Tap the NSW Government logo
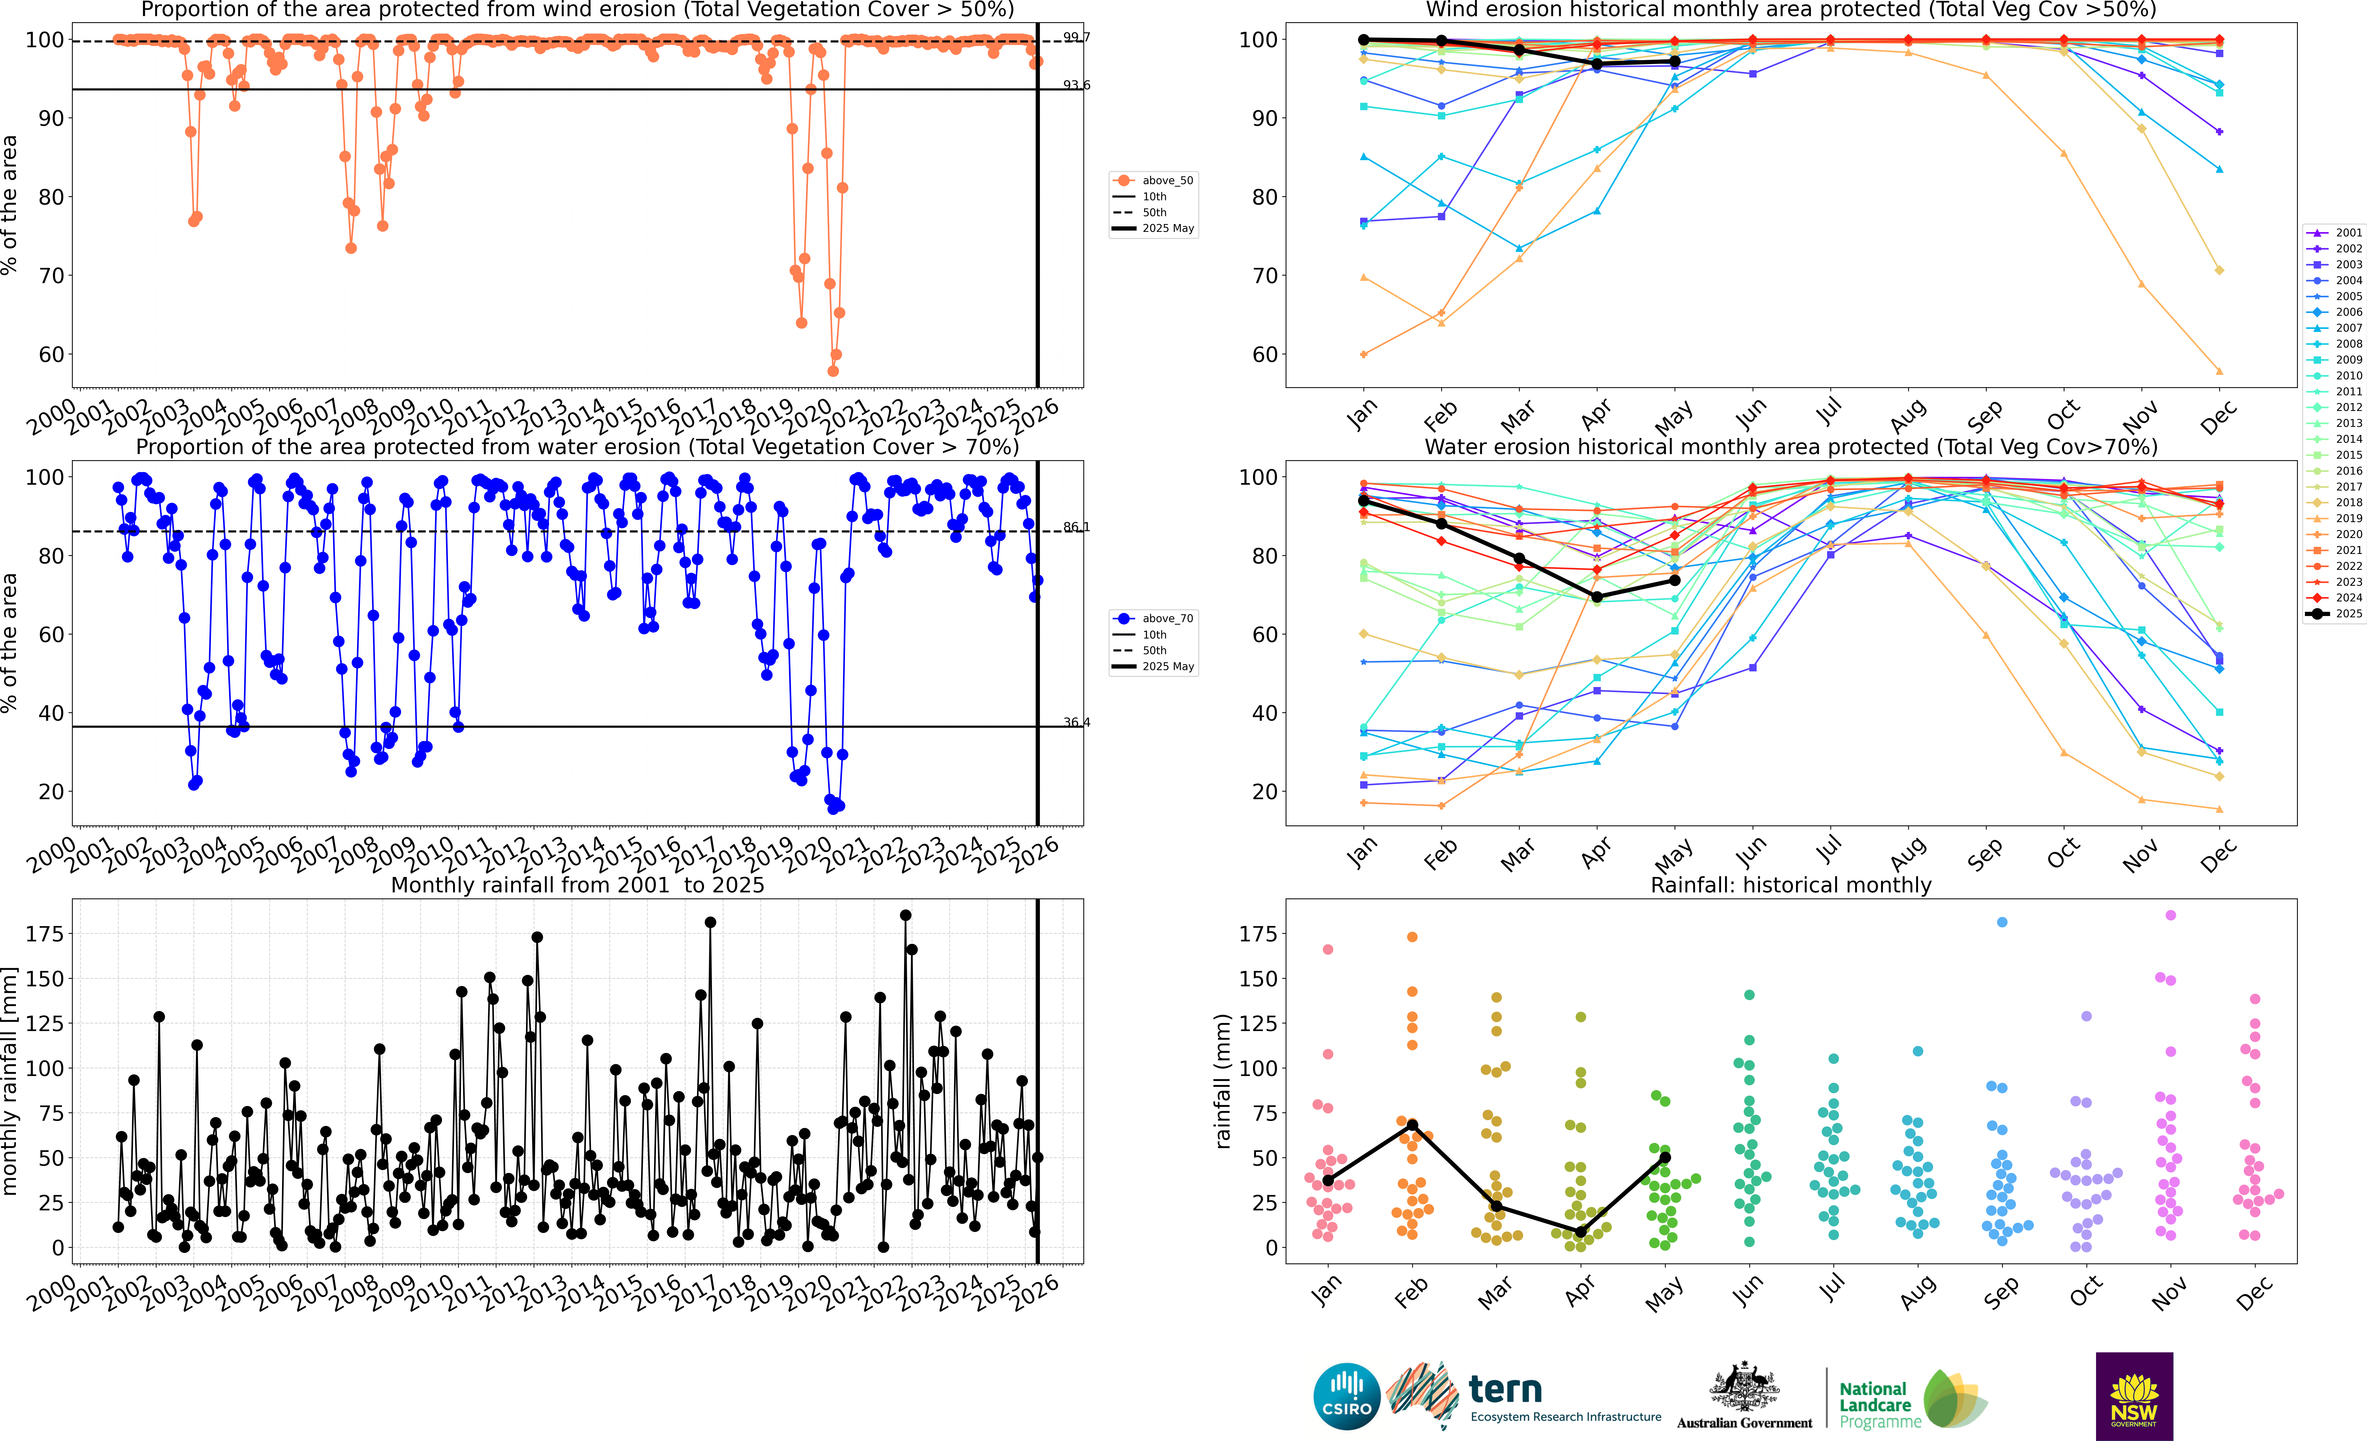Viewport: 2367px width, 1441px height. click(2134, 1396)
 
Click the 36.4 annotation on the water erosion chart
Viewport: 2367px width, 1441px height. click(1076, 722)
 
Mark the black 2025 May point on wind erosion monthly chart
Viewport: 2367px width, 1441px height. click(1674, 61)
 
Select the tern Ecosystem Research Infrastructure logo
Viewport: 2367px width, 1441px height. click(1527, 1396)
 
